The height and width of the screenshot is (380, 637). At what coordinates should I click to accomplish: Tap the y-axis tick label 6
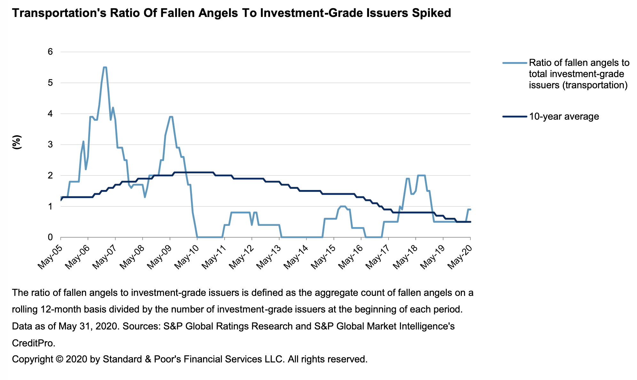coord(50,52)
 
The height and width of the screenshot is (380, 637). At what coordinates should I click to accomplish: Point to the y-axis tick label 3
coord(50,145)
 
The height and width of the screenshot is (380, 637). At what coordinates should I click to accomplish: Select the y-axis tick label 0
coord(50,237)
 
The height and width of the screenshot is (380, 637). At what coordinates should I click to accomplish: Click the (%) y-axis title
coord(17,142)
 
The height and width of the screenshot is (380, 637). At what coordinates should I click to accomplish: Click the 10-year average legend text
coord(564,116)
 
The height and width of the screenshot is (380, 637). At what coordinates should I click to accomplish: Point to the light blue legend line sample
coord(514,63)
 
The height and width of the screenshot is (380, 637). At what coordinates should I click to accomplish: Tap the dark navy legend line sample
coord(514,116)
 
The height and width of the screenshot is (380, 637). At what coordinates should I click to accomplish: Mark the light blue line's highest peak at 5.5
coord(105,67)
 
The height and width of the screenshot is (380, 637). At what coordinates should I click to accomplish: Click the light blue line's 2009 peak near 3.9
coord(171,117)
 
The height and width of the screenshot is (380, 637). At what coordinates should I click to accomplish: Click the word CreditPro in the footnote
coord(33,343)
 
